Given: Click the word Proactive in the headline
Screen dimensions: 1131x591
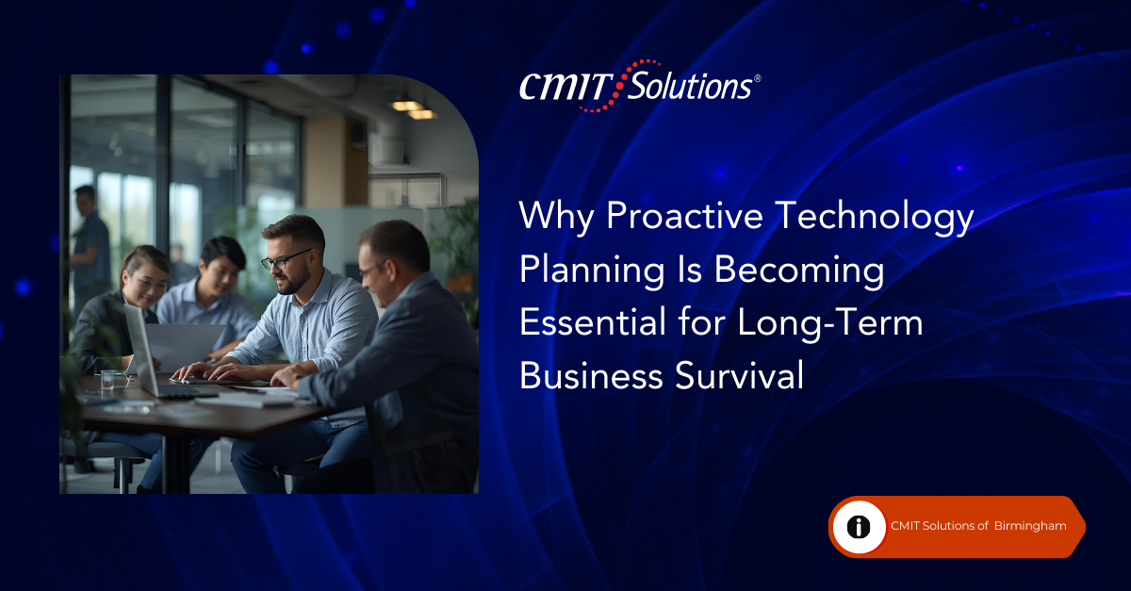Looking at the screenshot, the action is tap(685, 216).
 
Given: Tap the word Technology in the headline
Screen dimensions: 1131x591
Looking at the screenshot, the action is tap(875, 217).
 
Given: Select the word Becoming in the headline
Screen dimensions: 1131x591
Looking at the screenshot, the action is tap(799, 271).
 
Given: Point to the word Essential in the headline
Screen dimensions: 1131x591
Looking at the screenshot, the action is tap(593, 322).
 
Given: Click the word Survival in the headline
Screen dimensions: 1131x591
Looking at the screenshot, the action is tap(739, 375).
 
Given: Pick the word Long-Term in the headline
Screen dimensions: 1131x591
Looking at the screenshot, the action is tap(830, 324).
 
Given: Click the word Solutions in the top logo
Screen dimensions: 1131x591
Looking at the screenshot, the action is tap(690, 86).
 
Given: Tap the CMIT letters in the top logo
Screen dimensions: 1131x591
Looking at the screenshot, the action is tap(565, 87).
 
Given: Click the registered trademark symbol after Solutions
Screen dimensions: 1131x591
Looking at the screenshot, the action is tap(758, 78).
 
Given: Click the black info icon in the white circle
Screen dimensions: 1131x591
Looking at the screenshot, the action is tap(859, 527).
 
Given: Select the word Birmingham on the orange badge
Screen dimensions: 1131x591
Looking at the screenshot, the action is tap(1030, 526).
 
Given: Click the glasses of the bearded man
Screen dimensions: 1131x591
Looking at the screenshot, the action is tap(283, 259).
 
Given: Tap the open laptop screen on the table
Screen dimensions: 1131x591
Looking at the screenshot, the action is tap(139, 350).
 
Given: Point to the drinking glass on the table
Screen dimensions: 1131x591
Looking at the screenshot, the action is tap(107, 379).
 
